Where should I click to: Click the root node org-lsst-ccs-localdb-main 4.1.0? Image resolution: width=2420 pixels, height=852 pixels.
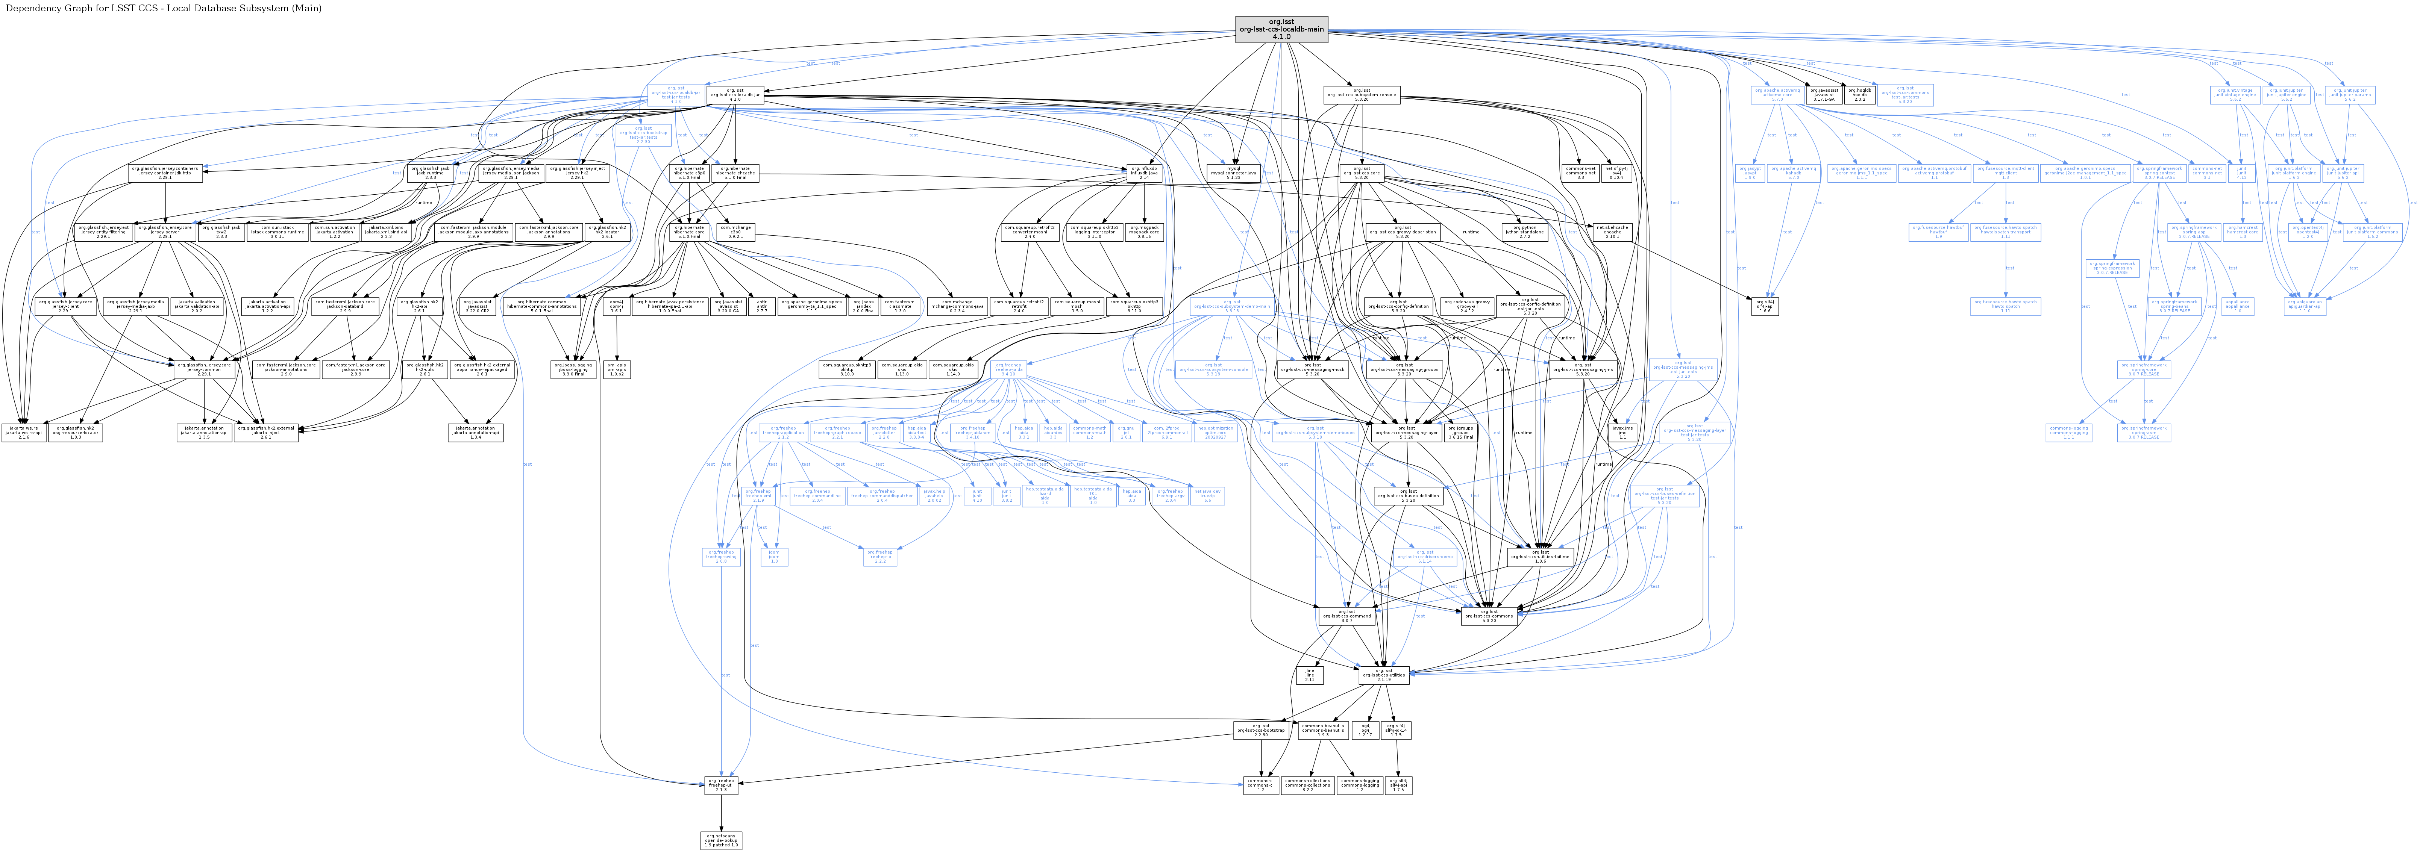tap(1281, 29)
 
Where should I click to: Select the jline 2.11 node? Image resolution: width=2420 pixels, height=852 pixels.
tap(1310, 675)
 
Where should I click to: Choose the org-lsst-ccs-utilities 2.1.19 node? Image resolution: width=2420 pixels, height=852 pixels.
tap(1385, 675)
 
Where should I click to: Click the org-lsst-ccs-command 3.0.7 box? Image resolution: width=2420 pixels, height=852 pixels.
tap(1346, 616)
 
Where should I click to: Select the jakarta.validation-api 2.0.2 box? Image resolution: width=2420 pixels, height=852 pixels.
tap(196, 305)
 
